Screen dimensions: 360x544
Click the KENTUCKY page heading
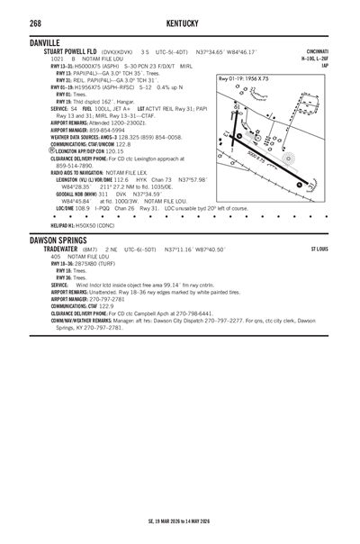point(180,23)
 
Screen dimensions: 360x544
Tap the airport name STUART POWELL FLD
point(74,51)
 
